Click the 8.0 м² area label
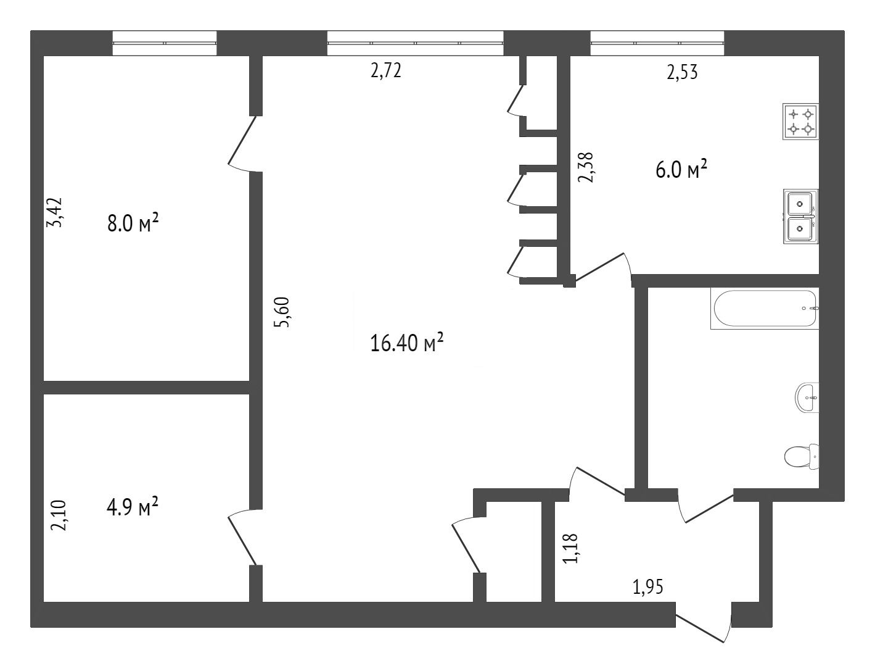coord(133,223)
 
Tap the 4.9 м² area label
coord(133,507)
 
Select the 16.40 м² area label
coord(406,343)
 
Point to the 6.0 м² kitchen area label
coord(681,170)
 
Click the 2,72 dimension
coord(386,71)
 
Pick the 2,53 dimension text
coord(682,73)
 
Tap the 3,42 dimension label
coord(55,212)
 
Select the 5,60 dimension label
coord(282,312)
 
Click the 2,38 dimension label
coord(586,167)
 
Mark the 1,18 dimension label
coord(570,548)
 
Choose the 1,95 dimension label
coord(648,587)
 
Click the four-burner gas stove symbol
coord(800,122)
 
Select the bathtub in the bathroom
coord(765,309)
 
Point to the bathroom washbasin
coord(807,398)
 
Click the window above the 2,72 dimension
coord(416,43)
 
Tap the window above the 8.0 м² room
coord(165,43)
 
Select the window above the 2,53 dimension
coord(657,43)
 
